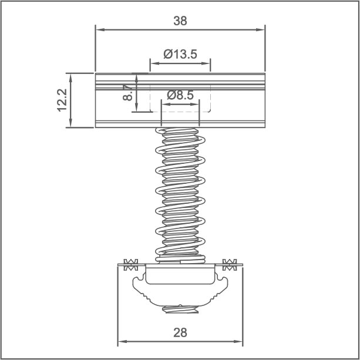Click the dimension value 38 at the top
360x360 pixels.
(x=180, y=21)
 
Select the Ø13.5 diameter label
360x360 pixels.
(x=180, y=54)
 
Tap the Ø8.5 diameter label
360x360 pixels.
(x=180, y=95)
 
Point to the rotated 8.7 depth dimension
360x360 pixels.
(x=128, y=92)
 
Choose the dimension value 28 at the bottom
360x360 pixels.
(x=180, y=332)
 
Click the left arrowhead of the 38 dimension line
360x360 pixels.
(x=99, y=28)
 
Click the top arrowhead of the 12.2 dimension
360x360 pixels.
(x=71, y=76)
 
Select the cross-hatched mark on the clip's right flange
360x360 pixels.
(x=230, y=264)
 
